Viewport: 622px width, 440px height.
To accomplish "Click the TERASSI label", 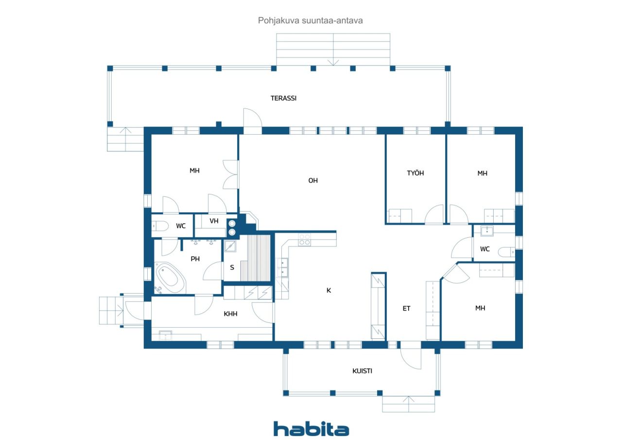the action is [283, 98].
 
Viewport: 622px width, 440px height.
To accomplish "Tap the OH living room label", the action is [313, 180].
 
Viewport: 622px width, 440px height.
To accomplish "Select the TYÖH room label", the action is [415, 173].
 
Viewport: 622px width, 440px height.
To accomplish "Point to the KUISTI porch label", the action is [362, 371].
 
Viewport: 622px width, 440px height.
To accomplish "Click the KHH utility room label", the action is [230, 314].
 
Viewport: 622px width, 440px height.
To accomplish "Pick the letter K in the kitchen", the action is [329, 290].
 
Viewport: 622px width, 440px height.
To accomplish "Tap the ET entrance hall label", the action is [406, 308].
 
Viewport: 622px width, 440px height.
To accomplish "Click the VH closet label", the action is [214, 221].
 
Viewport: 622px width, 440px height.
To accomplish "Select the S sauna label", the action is [232, 267].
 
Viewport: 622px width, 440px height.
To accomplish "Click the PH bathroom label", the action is [195, 259].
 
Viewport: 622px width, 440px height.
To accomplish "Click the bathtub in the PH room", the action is [170, 277].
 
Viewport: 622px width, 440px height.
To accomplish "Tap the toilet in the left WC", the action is [160, 226].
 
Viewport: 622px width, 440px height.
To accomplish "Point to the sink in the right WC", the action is [487, 231].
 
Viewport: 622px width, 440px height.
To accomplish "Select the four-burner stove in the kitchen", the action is [304, 239].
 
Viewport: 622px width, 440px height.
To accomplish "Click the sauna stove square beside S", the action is [230, 246].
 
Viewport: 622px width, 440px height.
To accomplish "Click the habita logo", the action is [311, 429].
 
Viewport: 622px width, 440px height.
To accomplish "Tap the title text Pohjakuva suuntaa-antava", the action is [310, 20].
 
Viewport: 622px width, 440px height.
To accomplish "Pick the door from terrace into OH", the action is [253, 121].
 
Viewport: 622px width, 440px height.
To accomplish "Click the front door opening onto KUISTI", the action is [411, 359].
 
